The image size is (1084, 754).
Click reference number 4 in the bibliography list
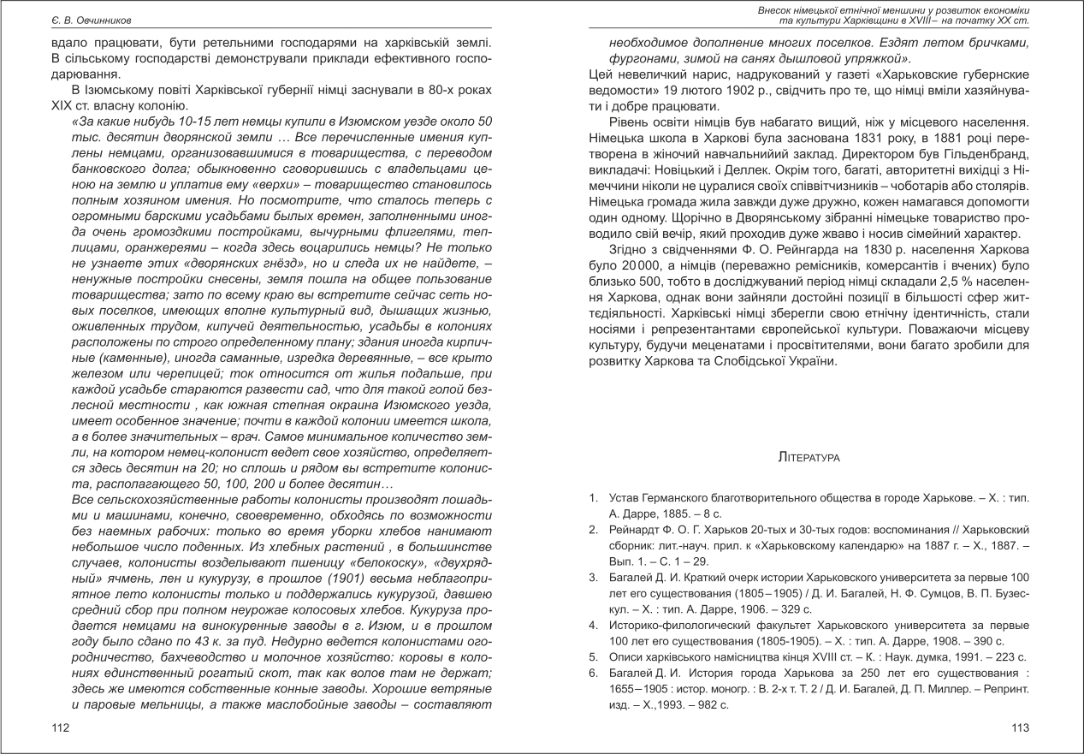[592, 625]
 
